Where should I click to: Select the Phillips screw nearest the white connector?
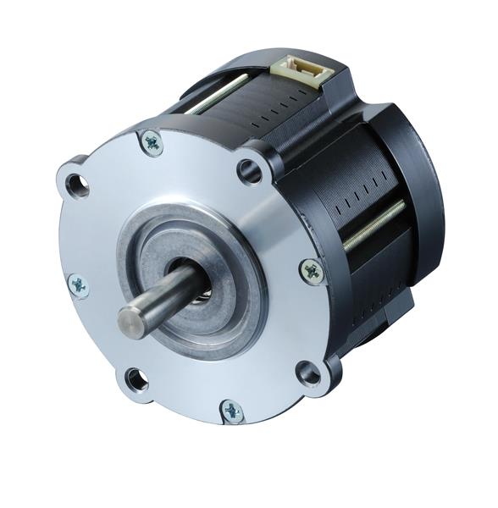coord(152,142)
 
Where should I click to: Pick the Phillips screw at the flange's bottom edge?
coord(232,412)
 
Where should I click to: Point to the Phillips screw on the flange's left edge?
coord(79,285)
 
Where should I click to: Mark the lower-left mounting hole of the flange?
coord(136,378)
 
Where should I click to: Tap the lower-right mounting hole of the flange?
coord(307,371)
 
